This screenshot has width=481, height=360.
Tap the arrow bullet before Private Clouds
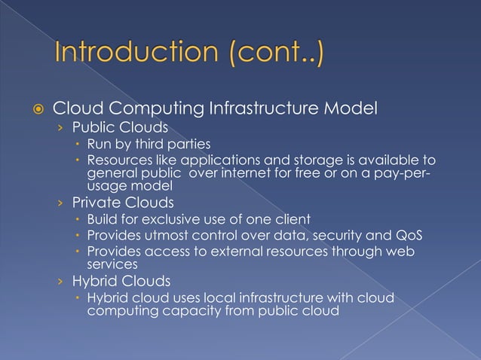tap(62, 203)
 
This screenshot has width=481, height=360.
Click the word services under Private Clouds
tap(110, 264)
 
